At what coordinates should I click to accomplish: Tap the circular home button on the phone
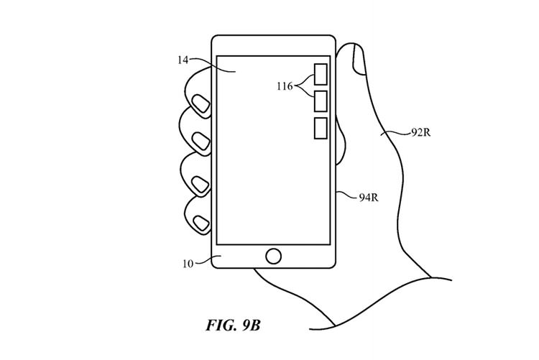pyautogui.click(x=273, y=257)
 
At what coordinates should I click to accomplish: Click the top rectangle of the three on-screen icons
pyautogui.click(x=321, y=75)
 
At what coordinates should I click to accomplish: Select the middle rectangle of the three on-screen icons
pyautogui.click(x=321, y=101)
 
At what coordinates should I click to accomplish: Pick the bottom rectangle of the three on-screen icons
pyautogui.click(x=321, y=127)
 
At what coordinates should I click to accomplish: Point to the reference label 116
pyautogui.click(x=285, y=86)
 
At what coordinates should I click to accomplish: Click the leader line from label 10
pyautogui.click(x=204, y=261)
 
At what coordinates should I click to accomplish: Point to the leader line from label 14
pyautogui.click(x=204, y=63)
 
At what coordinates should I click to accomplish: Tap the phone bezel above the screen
pyautogui.click(x=274, y=45)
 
